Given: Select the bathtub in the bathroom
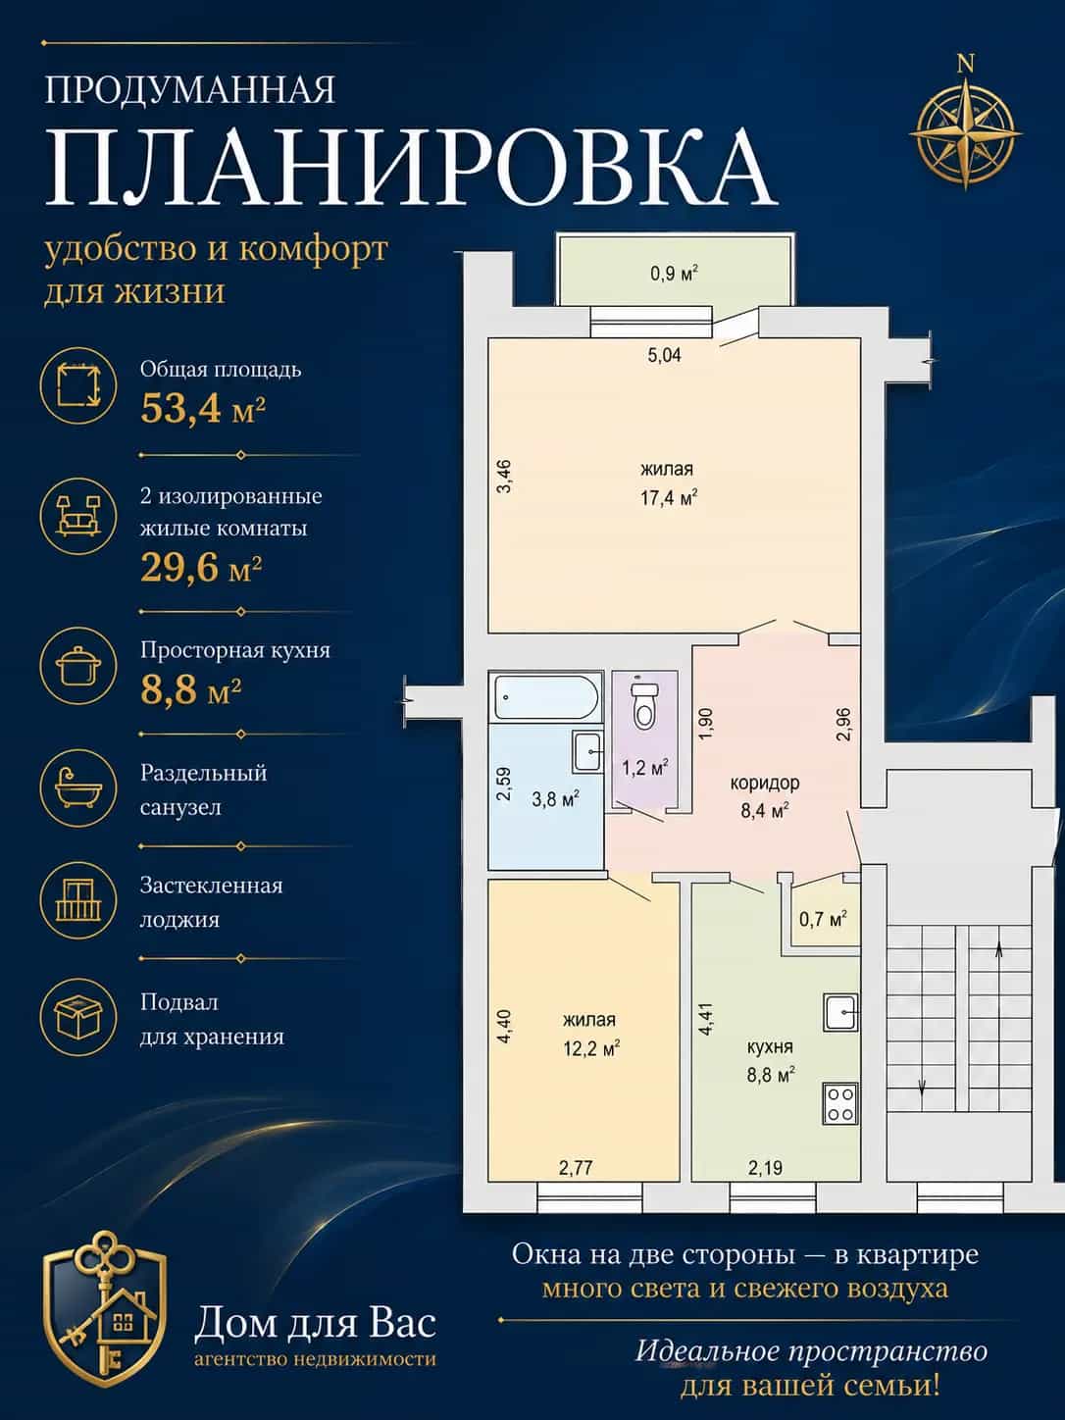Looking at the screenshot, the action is pos(548,697).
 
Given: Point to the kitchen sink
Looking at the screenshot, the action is pos(840,1012).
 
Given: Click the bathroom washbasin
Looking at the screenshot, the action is pos(587,752).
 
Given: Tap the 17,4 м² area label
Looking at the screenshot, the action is pos(669,498).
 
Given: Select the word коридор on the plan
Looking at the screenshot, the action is pos(764,783).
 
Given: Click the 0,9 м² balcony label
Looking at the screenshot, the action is pos(675,274).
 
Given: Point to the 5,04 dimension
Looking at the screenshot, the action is pos(665,355).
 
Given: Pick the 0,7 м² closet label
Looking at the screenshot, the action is pos(823,919).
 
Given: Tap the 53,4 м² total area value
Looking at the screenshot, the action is pos(203,409).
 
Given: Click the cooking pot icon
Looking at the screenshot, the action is pos(78,666).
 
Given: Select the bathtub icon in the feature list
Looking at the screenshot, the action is pos(78,788).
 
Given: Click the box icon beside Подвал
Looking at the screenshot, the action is pos(78,1017).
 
